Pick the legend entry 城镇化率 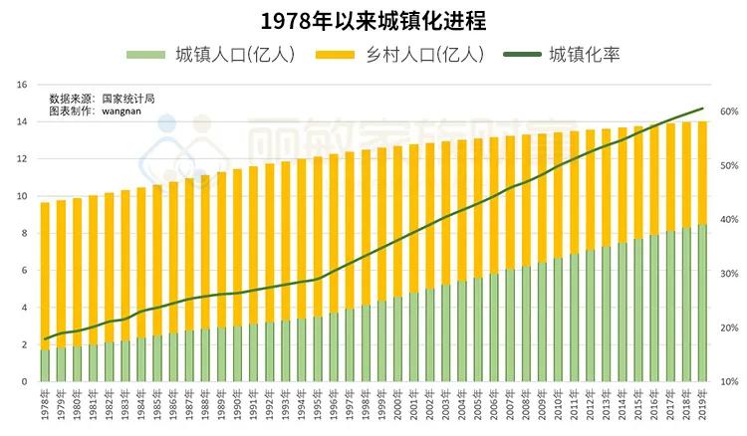(584, 54)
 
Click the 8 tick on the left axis (23, 234)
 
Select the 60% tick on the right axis (729, 111)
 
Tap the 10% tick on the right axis (729, 382)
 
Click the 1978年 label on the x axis (45, 408)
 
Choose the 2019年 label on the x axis (702, 408)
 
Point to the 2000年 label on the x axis (397, 408)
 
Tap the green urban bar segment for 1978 (45, 365)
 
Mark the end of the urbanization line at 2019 (702, 109)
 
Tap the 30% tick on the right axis (729, 274)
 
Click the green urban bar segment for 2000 (397, 338)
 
